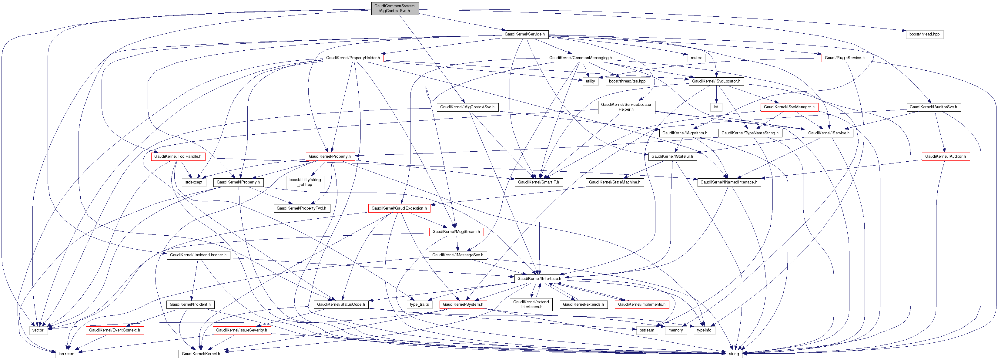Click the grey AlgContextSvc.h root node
tap(394, 8)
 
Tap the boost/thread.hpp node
tap(924, 34)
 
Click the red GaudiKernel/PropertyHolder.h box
tap(353, 58)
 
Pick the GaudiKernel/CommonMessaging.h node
tap(580, 58)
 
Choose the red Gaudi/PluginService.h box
tap(844, 58)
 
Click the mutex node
tap(696, 58)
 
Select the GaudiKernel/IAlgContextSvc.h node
tap(467, 107)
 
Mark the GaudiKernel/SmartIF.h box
tap(538, 182)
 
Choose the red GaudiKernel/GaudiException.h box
tap(399, 208)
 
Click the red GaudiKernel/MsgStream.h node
tap(456, 232)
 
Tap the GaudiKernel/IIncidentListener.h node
tap(198, 255)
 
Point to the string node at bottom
tap(733, 354)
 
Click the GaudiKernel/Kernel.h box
tap(201, 354)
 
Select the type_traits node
tap(419, 304)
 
